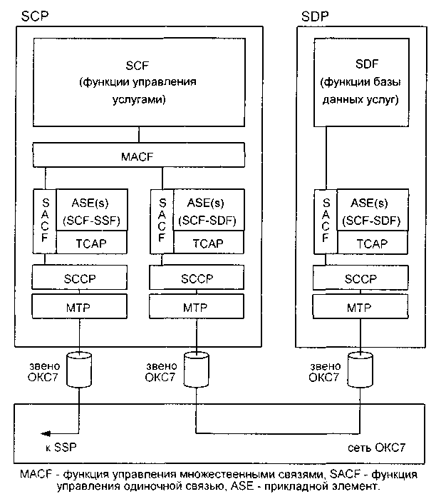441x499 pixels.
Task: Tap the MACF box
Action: coord(138,154)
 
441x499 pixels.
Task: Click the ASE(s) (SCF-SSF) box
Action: coord(91,210)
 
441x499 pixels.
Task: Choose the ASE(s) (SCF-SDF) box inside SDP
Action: coord(370,210)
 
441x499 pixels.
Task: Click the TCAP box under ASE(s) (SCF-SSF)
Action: coord(91,243)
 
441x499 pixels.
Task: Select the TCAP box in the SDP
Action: coord(370,243)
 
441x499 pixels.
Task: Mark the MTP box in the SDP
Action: coord(360,308)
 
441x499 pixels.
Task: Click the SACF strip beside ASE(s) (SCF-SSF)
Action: coord(44,221)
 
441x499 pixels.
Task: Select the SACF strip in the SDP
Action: coord(324,221)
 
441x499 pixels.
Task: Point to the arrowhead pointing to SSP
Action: coord(44,433)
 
